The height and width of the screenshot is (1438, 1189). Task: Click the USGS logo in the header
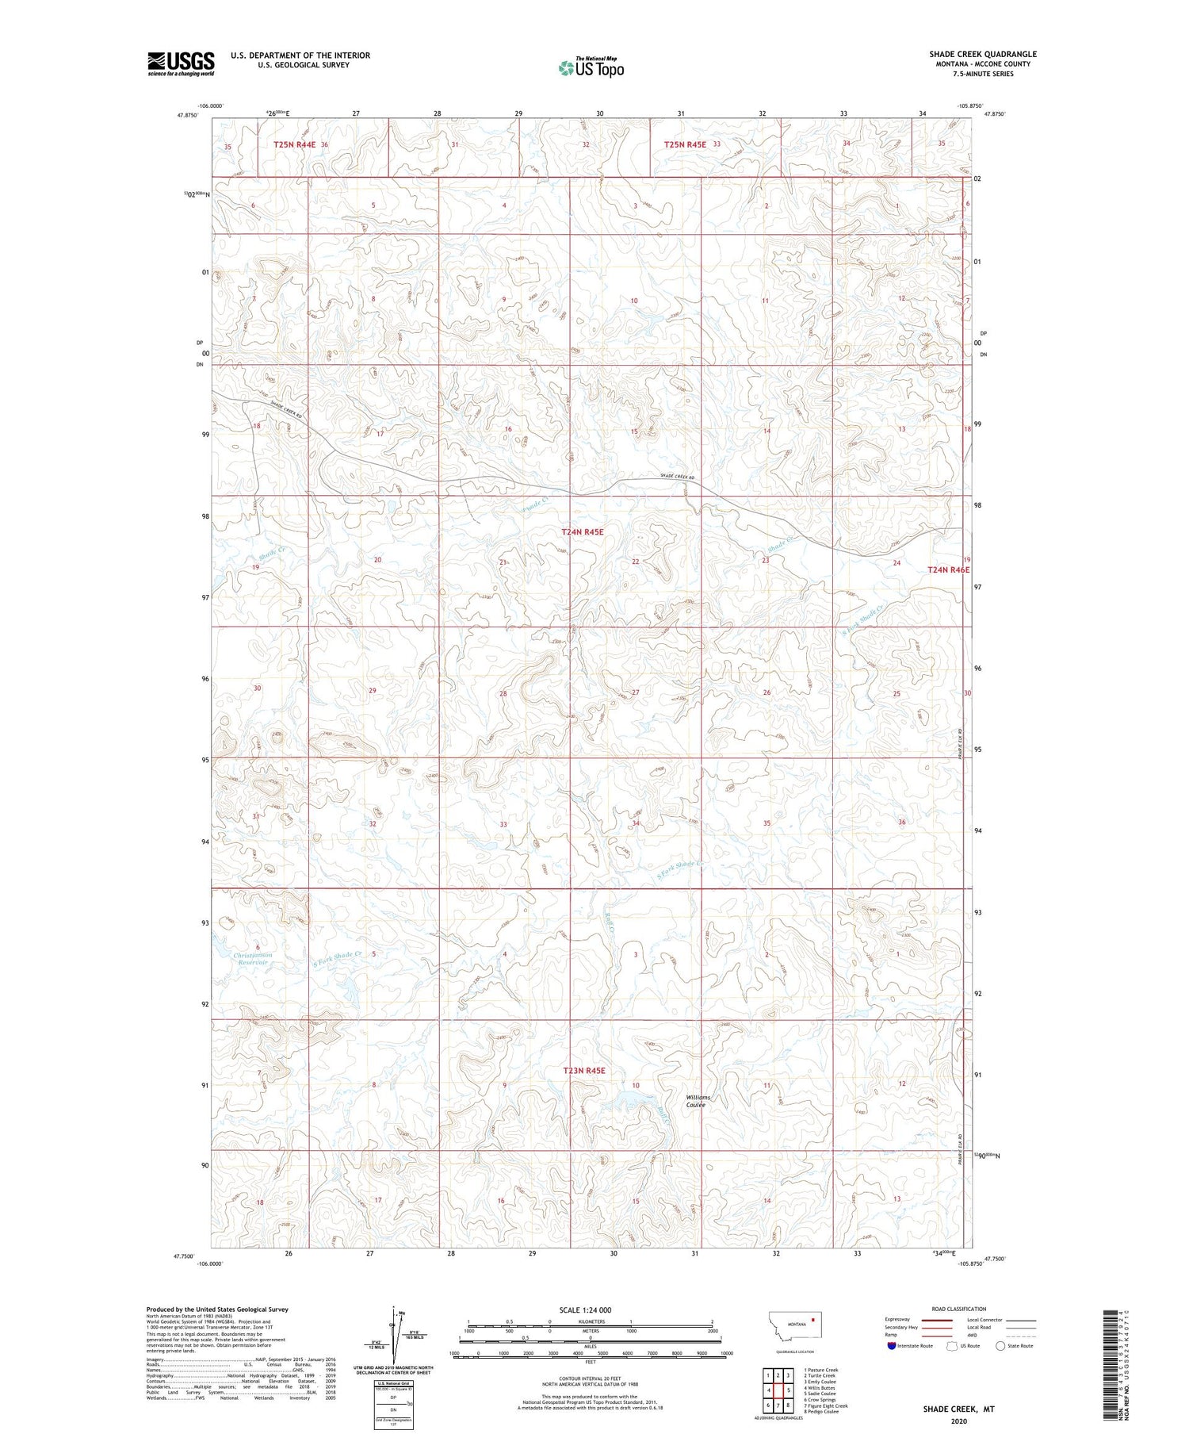click(181, 63)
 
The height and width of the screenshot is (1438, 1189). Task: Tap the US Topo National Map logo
click(591, 67)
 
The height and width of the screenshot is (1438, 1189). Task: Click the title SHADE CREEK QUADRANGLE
click(983, 54)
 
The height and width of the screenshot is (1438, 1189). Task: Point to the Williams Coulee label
click(698, 1101)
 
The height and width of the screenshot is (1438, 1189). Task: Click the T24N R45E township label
click(583, 532)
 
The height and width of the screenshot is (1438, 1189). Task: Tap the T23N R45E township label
click(584, 1071)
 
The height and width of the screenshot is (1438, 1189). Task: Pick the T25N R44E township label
click(294, 144)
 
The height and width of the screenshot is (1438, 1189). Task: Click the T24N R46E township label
click(949, 569)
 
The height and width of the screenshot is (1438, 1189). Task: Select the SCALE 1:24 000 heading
click(585, 1310)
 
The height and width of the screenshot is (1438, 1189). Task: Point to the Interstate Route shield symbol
click(892, 1345)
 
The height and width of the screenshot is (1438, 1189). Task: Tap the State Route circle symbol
click(1000, 1345)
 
